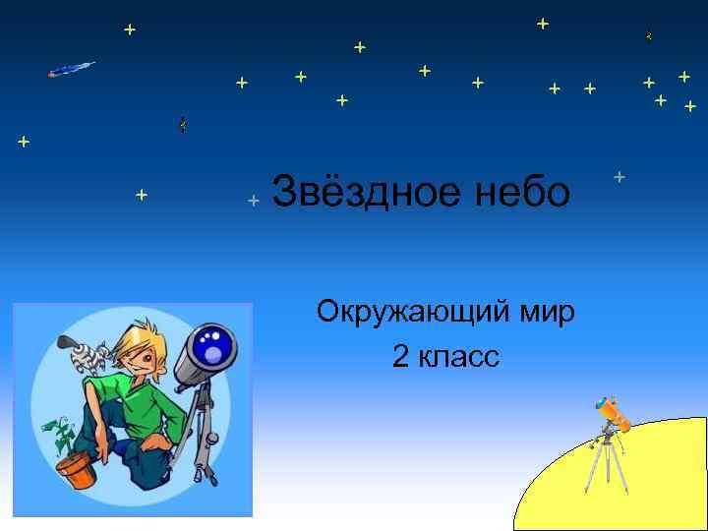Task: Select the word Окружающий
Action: [412, 314]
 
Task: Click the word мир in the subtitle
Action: [546, 314]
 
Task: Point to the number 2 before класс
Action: [400, 357]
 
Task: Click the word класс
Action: [459, 357]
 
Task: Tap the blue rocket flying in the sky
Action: [72, 69]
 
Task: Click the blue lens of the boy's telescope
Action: [213, 347]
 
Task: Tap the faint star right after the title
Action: [619, 177]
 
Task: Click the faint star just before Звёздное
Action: [253, 201]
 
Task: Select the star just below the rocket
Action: [24, 142]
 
